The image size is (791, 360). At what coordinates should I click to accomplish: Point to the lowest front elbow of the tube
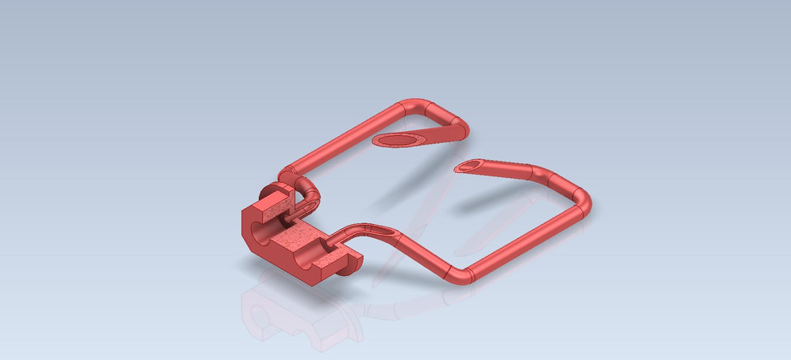[458, 274]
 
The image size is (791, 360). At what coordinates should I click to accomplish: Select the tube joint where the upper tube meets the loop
[286, 174]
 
